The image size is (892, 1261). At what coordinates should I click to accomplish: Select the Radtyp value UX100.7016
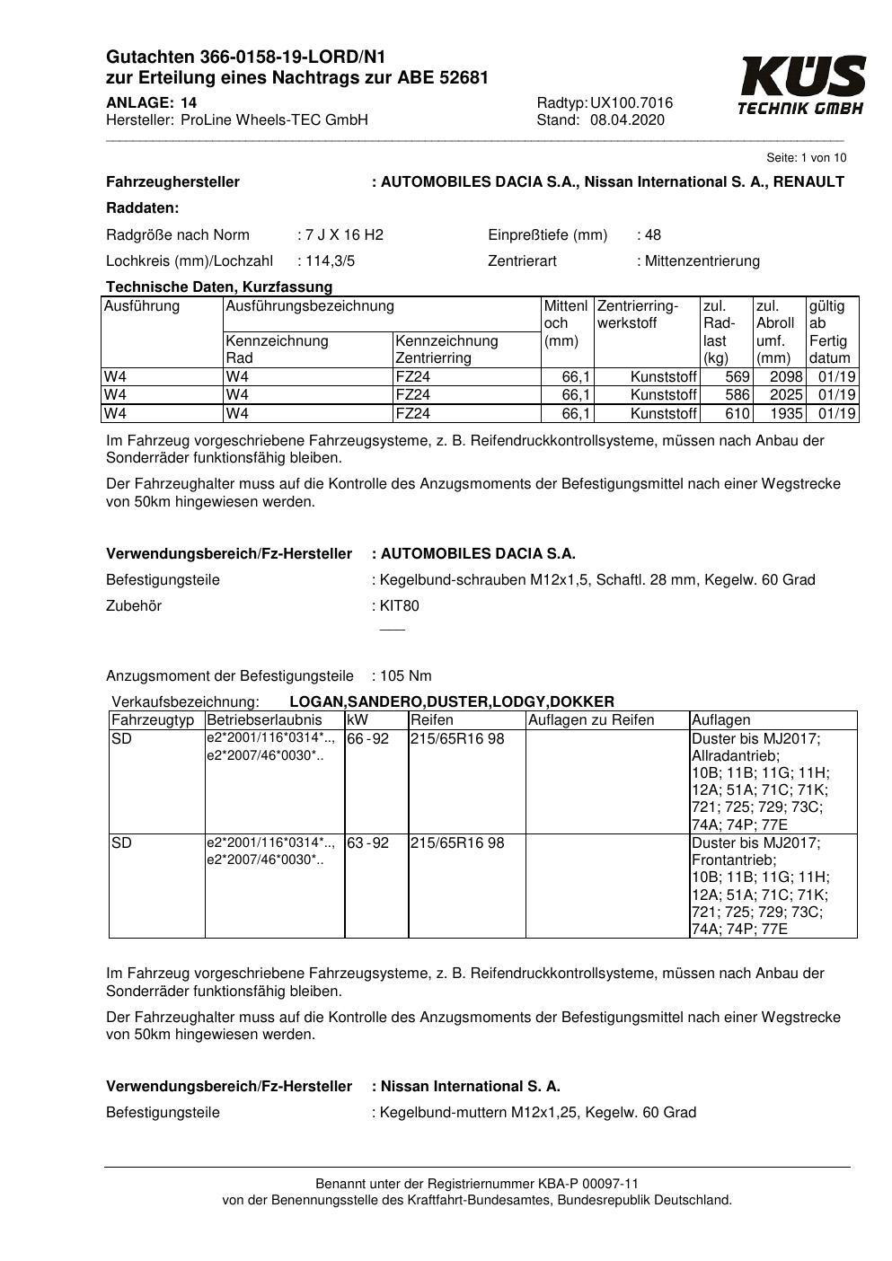pos(631,103)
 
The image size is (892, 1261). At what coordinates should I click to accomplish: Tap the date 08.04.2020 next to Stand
pos(627,120)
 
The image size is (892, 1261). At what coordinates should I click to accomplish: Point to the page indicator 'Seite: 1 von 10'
pos(806,158)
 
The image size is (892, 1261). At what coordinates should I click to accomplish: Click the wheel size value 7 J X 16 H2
pos(344,235)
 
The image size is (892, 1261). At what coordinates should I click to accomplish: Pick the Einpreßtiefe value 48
pos(652,235)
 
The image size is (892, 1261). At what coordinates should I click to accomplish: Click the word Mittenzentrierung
pos(702,261)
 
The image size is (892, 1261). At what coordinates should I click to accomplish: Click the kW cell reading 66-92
pos(368,739)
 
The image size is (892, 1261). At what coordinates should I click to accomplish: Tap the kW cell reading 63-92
pos(368,843)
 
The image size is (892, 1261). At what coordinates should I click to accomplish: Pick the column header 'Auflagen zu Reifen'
pos(591,720)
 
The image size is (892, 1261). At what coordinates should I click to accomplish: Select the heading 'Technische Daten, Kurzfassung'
pos(219,287)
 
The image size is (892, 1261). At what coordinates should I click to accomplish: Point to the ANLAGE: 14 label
pos(151,103)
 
